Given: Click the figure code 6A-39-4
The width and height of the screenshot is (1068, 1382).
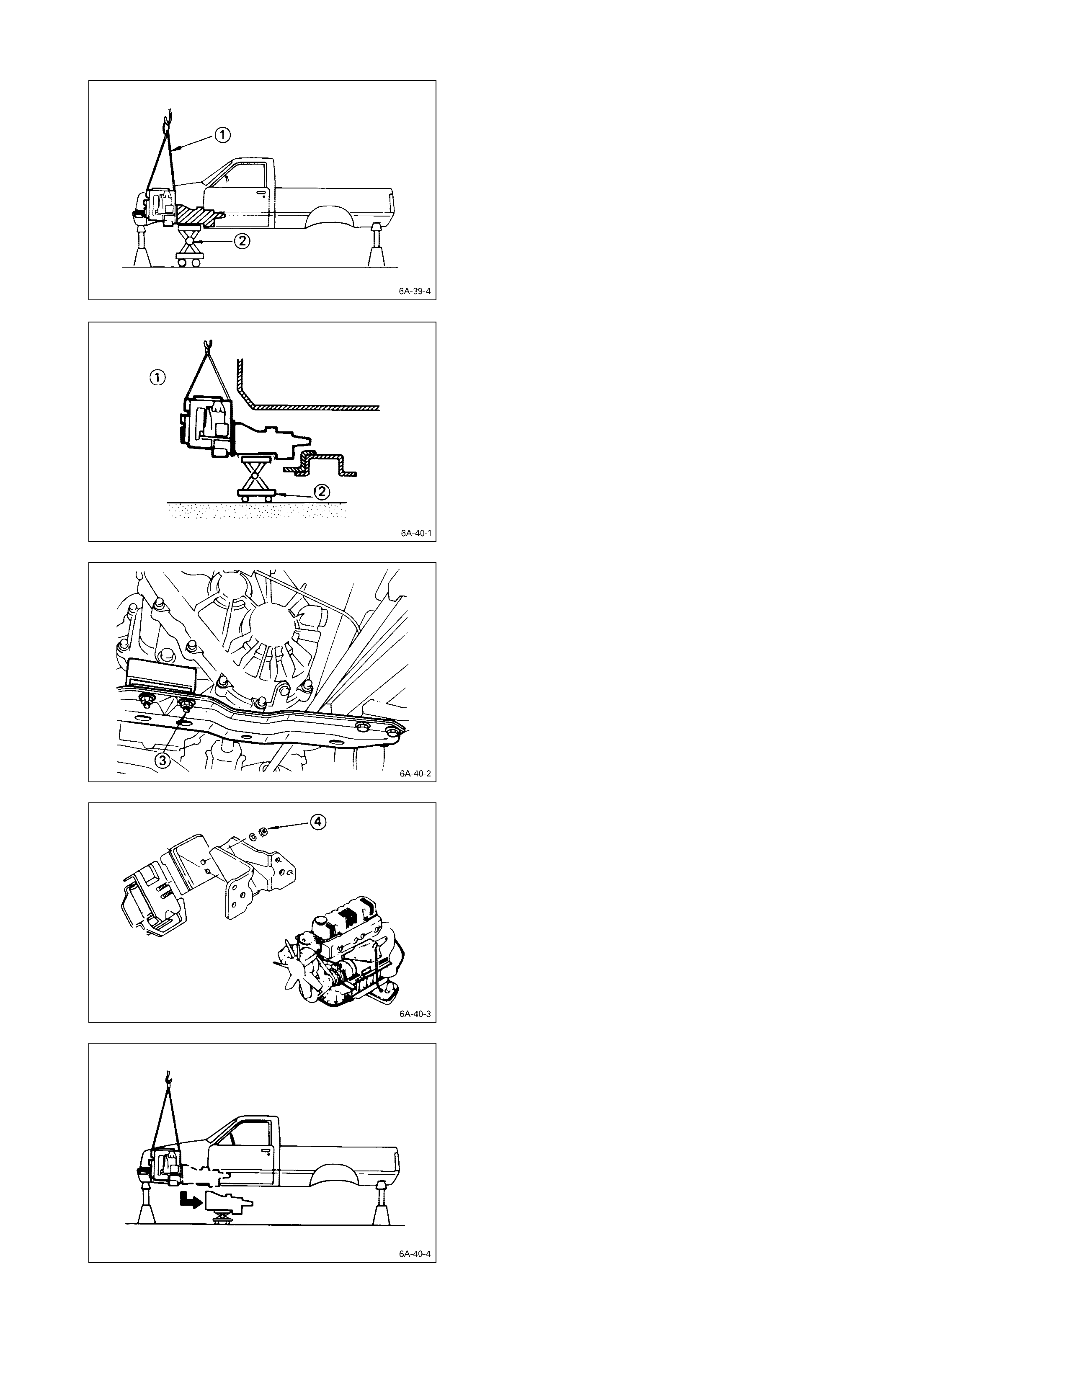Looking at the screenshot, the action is point(414,292).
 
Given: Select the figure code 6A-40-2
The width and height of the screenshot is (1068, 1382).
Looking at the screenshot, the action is point(415,773).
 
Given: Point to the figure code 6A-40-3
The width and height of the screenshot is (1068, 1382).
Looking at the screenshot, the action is point(415,1014).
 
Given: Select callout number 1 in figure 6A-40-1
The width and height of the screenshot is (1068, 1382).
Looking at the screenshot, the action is point(157,378).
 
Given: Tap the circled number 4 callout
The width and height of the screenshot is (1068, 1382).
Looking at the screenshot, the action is point(317,821).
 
